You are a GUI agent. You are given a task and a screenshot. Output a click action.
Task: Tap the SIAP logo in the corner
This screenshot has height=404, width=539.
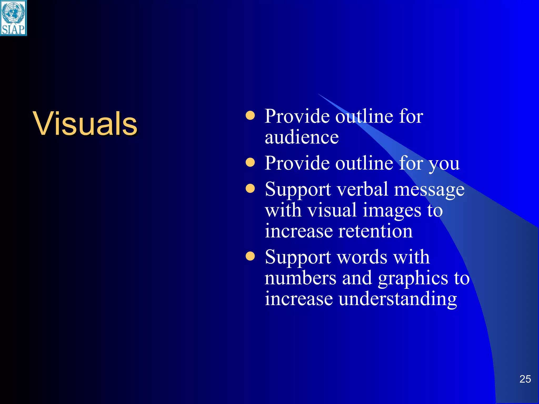coord(13,18)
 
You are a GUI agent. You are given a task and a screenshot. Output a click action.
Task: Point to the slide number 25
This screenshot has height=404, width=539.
coord(525,379)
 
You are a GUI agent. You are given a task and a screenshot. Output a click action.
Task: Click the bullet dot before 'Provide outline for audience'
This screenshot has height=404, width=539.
coord(250,115)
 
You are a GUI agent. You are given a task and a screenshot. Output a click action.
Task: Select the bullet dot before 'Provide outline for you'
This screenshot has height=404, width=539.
coord(250,162)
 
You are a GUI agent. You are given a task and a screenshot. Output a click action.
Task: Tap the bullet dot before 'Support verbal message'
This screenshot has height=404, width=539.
coord(250,188)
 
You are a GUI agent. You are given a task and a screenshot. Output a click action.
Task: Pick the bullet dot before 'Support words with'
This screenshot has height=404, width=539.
coord(250,256)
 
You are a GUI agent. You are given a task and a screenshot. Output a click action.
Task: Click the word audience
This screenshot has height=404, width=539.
coord(302,137)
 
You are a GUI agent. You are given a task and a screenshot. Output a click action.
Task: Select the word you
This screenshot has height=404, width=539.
coord(444,164)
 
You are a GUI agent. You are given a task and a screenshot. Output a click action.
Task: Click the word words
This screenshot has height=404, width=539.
coord(362,257)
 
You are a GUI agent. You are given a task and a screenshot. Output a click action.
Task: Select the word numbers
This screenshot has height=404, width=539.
coord(301,278)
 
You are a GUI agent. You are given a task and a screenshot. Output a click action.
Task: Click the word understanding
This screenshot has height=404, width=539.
coord(398,299)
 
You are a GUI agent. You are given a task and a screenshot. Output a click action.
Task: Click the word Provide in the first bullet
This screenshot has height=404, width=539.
coord(297,116)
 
